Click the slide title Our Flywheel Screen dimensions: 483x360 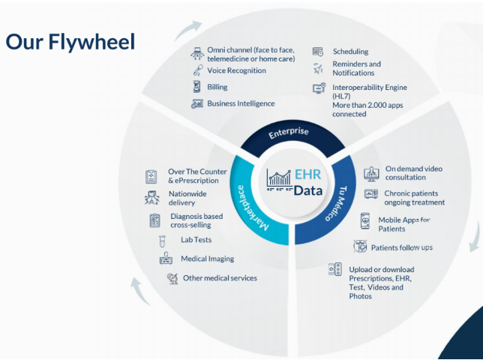70,42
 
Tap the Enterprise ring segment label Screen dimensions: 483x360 289,132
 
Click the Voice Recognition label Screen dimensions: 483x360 236,70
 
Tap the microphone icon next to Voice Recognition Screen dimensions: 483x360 197,70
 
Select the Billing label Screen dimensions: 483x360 217,87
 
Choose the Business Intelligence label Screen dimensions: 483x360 241,103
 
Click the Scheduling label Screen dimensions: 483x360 350,52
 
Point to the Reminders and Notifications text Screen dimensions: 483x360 356,68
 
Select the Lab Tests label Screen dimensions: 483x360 196,240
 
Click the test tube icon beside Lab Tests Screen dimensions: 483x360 161,241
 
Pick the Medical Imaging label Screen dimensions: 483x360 207,259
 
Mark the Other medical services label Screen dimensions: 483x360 220,278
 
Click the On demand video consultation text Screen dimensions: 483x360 413,173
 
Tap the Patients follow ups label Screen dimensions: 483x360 401,247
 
